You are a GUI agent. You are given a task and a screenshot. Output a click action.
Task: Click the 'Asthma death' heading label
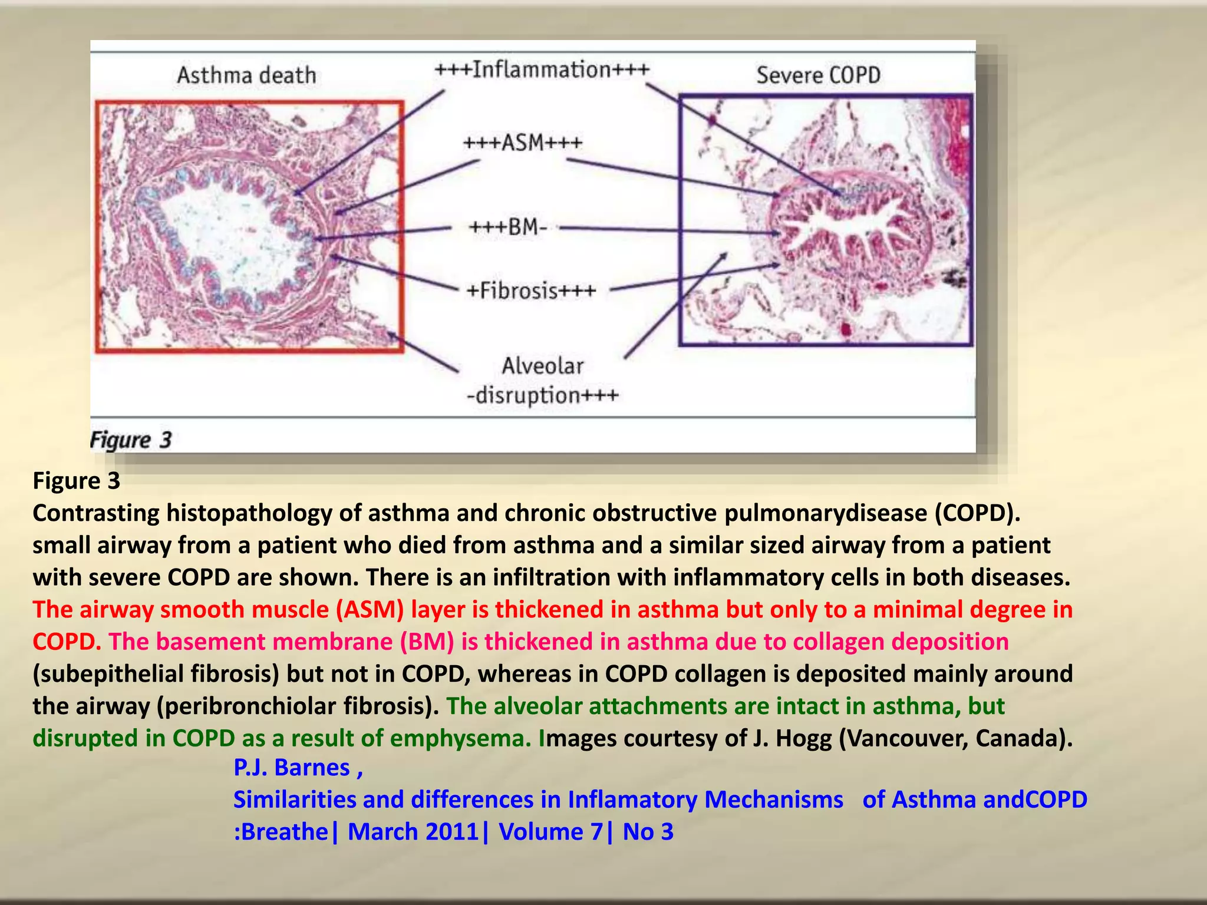[x=246, y=75]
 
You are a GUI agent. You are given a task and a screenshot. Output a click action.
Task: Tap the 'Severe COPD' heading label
[x=818, y=75]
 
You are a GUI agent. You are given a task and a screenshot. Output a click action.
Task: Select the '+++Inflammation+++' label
[x=542, y=70]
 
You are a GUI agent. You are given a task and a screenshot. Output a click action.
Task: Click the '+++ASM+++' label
[x=523, y=143]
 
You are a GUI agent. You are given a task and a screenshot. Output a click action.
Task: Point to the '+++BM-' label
[x=508, y=227]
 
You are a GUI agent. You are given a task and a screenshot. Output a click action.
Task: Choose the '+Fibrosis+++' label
[x=531, y=290]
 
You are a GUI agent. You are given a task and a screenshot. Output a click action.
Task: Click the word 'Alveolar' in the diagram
[x=542, y=366]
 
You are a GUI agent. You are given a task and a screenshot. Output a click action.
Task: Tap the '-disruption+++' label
[x=542, y=395]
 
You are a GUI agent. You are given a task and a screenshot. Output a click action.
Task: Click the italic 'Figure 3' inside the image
[x=130, y=440]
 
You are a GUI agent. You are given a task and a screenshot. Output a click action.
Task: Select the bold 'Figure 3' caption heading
[x=77, y=481]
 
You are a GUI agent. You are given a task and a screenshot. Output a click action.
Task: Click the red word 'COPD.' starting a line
[x=67, y=642]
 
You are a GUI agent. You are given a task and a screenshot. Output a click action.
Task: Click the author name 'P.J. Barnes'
[x=292, y=768]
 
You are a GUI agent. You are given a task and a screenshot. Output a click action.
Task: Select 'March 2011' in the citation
[x=413, y=832]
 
